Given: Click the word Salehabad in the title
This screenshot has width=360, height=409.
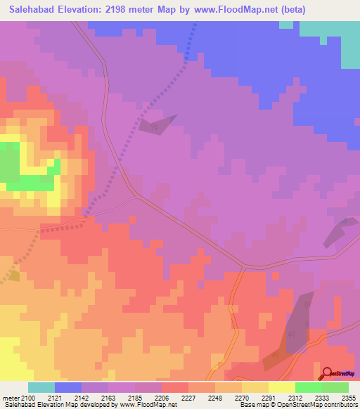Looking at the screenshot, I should [x=32, y=10].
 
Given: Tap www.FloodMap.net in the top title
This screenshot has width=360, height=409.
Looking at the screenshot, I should [x=231, y=10].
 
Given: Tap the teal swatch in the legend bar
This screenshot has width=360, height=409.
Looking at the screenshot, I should [x=41, y=387].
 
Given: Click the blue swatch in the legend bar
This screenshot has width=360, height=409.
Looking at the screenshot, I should [x=68, y=387].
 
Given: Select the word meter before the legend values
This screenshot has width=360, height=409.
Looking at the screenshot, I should [x=9, y=397].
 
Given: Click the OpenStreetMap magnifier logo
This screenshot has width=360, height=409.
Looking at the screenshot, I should [x=326, y=374].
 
